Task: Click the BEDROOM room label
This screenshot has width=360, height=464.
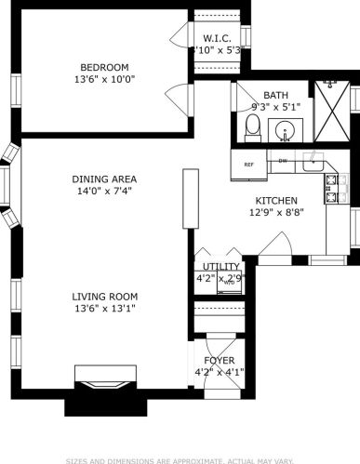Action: [103, 67]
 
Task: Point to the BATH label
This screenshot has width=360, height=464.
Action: [275, 96]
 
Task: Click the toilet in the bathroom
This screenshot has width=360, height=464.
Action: [253, 128]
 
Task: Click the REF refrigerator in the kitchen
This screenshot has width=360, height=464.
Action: [248, 165]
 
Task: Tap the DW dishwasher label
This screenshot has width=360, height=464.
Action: [283, 161]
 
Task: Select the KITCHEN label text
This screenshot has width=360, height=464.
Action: [276, 200]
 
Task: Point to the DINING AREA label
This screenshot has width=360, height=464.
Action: [104, 179]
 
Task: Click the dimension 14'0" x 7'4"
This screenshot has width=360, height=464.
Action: [104, 191]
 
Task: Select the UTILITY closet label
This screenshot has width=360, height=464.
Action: [214, 266]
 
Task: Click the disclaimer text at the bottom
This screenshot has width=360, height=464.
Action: [180, 458]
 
